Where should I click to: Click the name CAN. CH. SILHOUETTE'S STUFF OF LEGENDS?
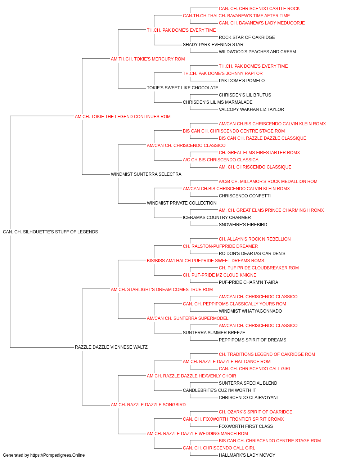50,232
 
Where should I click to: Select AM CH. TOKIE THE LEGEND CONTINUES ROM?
122,117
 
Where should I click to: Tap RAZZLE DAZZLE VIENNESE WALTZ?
111,347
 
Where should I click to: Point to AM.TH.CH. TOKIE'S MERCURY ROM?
148,59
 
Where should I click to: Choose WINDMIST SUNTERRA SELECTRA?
146,174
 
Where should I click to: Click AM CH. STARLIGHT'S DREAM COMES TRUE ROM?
162,290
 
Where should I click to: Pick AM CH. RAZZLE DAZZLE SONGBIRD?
148,405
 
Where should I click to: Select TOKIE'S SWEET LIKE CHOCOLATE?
183,88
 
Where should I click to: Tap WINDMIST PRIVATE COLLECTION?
182,203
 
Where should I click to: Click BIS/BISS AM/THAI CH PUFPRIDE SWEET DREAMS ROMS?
206,261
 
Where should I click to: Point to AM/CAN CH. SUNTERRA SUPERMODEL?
188,318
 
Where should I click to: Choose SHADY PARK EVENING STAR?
213,45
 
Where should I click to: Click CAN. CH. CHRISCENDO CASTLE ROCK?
259,9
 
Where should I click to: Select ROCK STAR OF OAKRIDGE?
247,37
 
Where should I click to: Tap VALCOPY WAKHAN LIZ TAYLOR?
251,109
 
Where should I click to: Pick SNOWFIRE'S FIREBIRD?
243,225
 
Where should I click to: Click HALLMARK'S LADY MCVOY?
247,455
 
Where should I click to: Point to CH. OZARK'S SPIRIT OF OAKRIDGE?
256,412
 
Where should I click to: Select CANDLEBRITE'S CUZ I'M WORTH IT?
220,390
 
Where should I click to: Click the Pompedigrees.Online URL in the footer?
58,455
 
